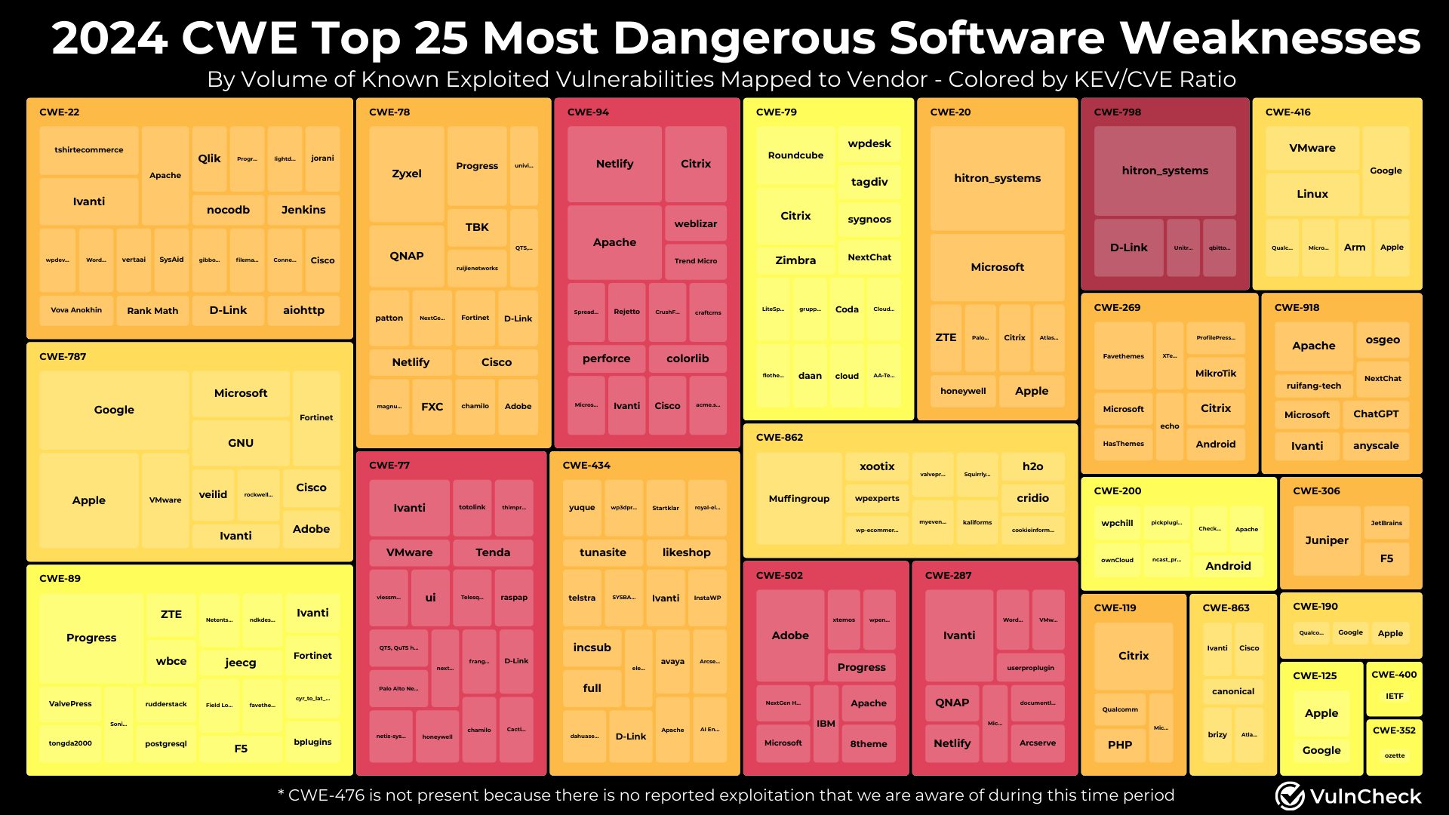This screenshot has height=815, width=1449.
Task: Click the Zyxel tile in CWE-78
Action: [406, 174]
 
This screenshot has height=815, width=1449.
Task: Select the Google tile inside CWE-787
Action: [114, 410]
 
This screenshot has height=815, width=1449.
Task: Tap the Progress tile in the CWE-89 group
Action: [91, 638]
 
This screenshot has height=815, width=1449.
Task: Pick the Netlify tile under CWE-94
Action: [614, 164]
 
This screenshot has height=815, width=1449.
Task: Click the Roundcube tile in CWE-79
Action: [795, 155]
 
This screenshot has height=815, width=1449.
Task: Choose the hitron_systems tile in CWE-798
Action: [1164, 171]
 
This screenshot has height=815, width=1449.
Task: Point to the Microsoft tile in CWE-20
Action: [997, 267]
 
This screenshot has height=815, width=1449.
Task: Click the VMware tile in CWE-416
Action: [1312, 148]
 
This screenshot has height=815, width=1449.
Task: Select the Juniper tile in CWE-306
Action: [1326, 540]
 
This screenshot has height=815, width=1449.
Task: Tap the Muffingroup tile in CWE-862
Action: [798, 499]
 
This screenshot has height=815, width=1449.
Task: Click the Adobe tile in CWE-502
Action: [789, 635]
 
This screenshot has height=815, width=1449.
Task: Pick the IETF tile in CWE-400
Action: [1394, 697]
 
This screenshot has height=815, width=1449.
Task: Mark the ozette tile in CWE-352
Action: [1394, 755]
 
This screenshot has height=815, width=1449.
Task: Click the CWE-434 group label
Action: [586, 466]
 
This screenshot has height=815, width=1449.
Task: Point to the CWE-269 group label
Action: [1117, 308]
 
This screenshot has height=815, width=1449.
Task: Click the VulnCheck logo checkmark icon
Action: [1290, 795]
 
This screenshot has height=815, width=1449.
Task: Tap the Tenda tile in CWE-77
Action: [493, 552]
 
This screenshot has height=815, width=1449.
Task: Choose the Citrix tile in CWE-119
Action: [1133, 656]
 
